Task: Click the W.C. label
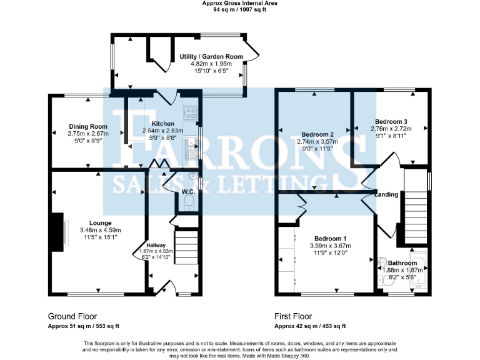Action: pyautogui.click(x=187, y=191)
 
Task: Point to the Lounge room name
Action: pyautogui.click(x=100, y=223)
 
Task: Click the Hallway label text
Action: pyautogui.click(x=156, y=245)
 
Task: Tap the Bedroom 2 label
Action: pyautogui.click(x=317, y=134)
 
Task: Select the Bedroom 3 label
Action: pyautogui.click(x=391, y=121)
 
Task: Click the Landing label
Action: pyautogui.click(x=386, y=195)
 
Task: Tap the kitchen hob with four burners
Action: pyautogui.click(x=190, y=114)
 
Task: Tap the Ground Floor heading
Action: pyautogui.click(x=72, y=316)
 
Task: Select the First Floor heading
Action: pyautogui.click(x=293, y=316)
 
